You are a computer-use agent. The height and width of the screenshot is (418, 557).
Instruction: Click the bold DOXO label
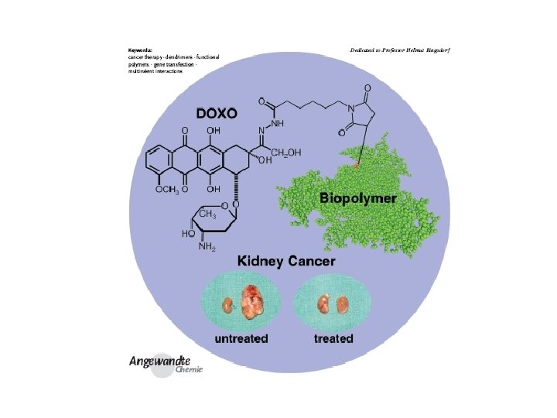tap(217, 113)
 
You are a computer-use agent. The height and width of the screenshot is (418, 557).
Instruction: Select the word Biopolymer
tap(358, 198)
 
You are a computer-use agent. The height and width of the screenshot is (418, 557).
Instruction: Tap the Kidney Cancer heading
tap(286, 261)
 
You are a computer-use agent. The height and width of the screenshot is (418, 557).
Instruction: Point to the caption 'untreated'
tap(241, 339)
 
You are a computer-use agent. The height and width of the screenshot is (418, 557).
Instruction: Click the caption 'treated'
tap(333, 339)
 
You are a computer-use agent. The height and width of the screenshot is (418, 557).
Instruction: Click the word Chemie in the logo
tap(189, 370)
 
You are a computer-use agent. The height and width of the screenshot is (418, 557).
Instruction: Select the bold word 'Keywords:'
tap(140, 50)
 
